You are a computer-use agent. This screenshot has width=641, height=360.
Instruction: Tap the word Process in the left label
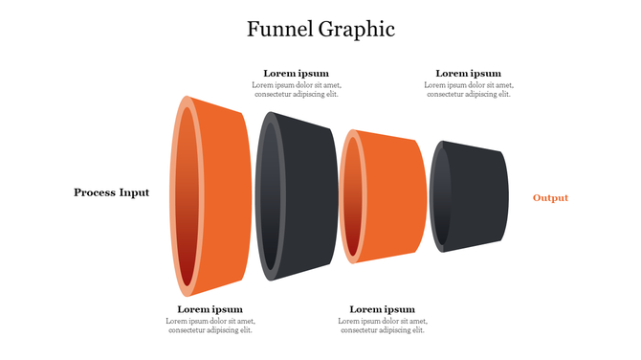[x=94, y=192]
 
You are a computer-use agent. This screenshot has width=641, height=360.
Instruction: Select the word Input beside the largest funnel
[x=134, y=192]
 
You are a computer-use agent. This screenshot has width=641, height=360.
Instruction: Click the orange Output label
[x=550, y=198]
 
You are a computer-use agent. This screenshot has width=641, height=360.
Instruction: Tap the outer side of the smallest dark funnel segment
[x=476, y=196]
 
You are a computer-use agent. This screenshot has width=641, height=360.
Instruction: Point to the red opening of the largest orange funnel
[x=188, y=196]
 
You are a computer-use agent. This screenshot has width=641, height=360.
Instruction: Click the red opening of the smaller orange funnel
[x=352, y=196]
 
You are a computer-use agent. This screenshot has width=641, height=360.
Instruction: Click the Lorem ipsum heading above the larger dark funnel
[x=296, y=74]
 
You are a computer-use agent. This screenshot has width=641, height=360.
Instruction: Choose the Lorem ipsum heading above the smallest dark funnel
[x=468, y=74]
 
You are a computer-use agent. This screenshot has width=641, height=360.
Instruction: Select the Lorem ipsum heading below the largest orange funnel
[x=210, y=309]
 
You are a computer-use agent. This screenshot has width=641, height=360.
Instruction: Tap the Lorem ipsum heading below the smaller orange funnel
[x=382, y=309]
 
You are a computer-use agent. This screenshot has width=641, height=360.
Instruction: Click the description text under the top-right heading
[x=468, y=90]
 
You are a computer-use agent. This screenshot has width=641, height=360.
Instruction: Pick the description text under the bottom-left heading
[x=210, y=326]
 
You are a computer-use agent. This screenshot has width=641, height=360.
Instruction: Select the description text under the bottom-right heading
[x=383, y=326]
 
